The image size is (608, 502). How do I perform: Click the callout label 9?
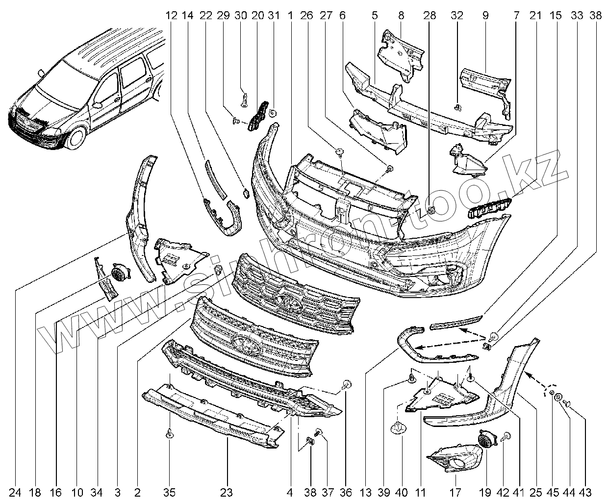tap(485, 15)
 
